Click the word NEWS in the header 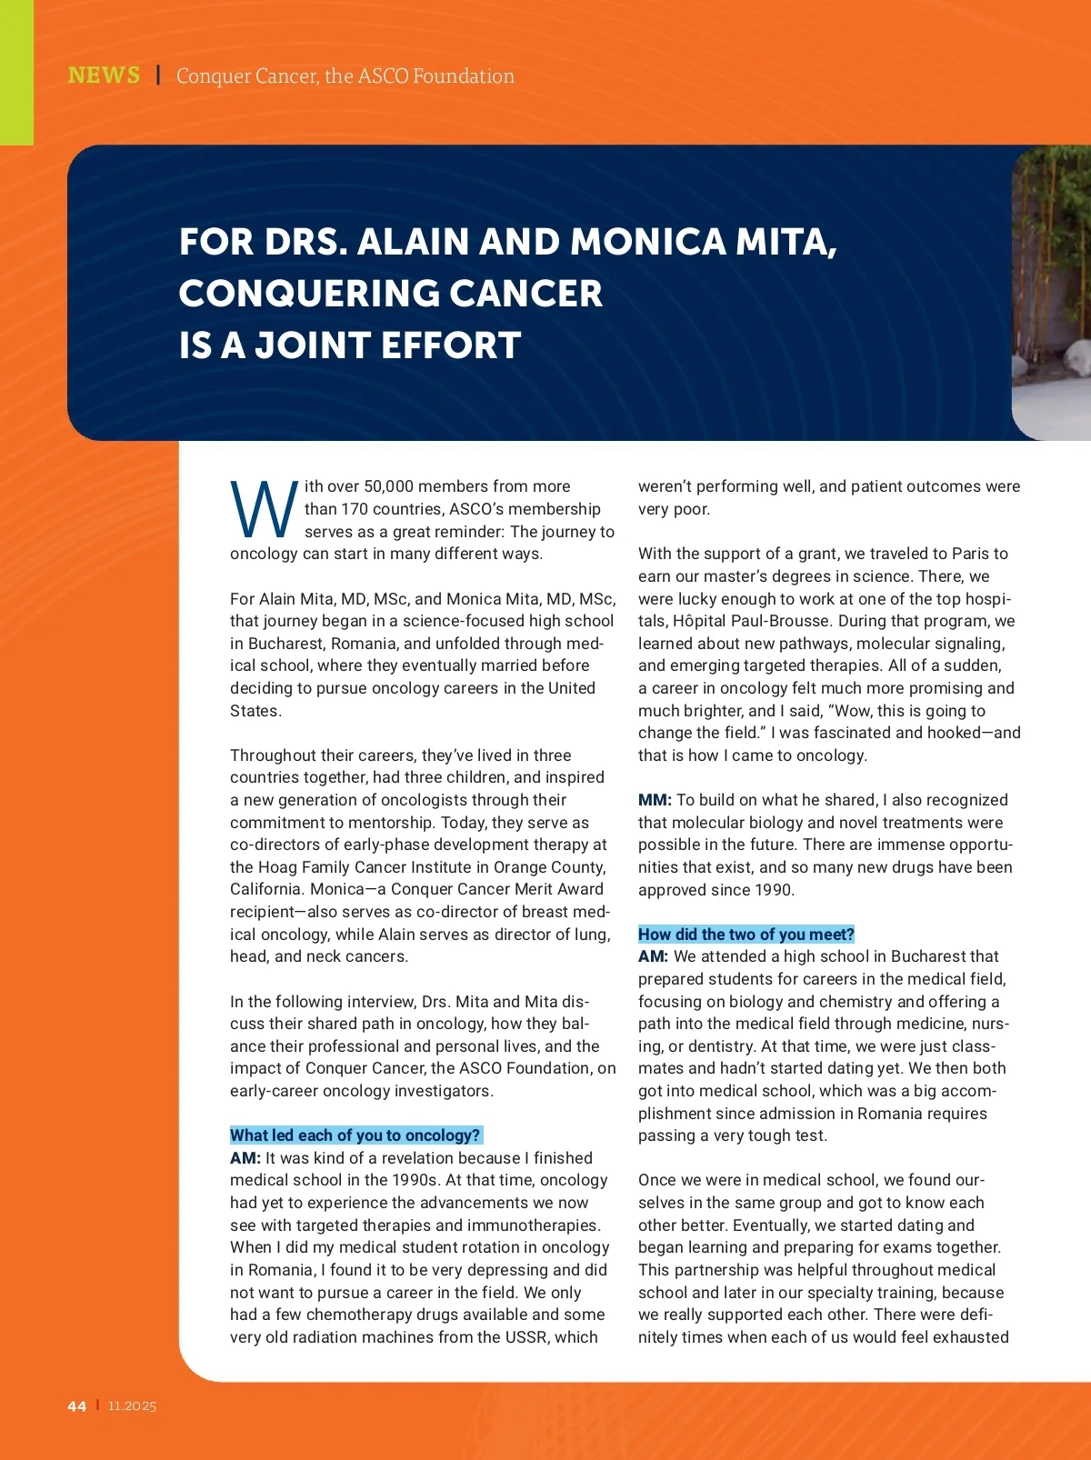(104, 75)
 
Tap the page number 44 (77, 1406)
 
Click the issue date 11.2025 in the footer (132, 1406)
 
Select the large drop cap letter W (264, 511)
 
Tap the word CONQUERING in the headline (307, 294)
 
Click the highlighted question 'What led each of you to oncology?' (355, 1135)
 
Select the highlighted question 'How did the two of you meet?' (746, 935)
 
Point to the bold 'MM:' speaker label (655, 800)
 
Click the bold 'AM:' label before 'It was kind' (245, 1158)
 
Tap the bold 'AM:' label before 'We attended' (653, 956)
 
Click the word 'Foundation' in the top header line (464, 76)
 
